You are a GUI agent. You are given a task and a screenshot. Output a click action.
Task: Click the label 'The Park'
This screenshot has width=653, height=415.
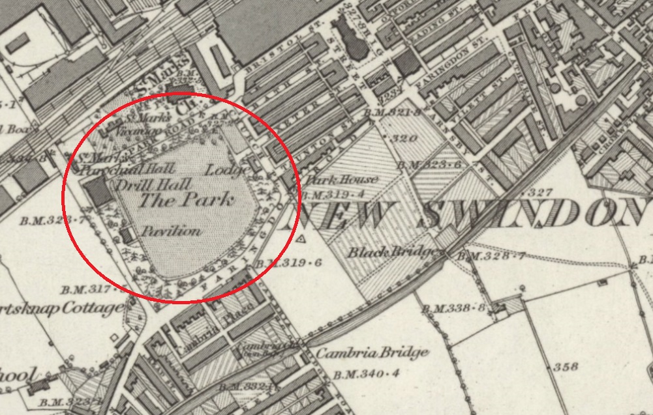tap(185, 200)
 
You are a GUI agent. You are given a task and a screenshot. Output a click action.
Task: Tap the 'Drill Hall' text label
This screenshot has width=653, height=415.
tap(144, 185)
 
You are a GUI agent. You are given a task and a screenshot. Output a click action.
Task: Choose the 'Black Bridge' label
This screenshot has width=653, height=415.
tap(391, 252)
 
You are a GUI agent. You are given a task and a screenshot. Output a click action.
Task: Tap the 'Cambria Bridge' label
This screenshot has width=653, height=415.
tap(372, 352)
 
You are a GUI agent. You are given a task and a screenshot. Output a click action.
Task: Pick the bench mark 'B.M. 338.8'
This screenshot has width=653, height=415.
tap(453, 307)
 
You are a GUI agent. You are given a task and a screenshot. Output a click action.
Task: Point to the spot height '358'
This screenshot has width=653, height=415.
tap(565, 367)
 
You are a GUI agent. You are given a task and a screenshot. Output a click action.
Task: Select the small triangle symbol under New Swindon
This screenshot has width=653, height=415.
tap(301, 240)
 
